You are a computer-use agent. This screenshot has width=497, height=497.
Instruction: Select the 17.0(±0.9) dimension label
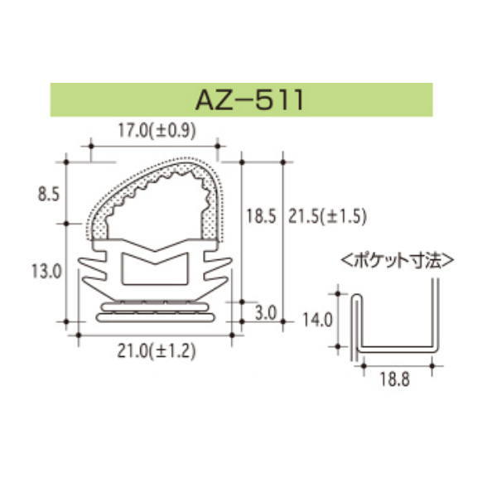[155, 129]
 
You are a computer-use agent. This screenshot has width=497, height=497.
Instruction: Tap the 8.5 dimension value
[49, 195]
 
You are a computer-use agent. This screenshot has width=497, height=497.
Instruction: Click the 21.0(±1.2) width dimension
[155, 351]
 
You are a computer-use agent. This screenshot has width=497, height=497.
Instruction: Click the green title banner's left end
[58, 100]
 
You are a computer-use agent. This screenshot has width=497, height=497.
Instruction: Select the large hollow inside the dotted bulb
[153, 208]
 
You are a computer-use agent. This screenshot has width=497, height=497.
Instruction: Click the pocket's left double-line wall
[357, 323]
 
